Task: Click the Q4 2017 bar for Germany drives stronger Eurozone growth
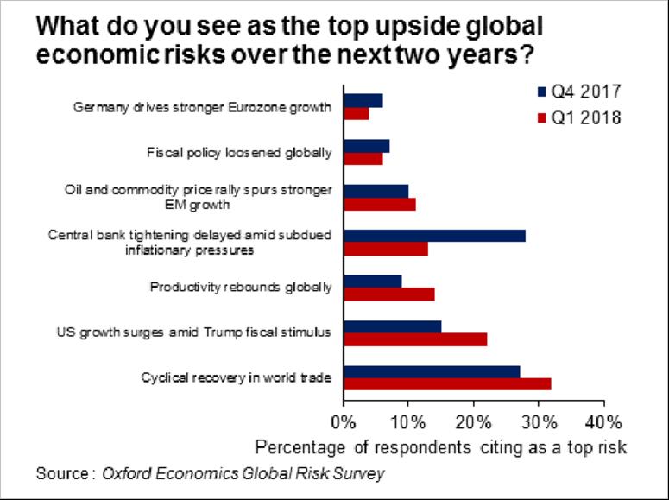coord(363,100)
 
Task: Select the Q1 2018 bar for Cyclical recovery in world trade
coord(447,384)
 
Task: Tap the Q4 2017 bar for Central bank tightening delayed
coord(434,236)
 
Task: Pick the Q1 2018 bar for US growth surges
coord(415,339)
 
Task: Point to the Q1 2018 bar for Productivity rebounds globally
coord(388,294)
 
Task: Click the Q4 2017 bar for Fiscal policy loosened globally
coord(366,145)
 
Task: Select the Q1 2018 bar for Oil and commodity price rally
coord(379,204)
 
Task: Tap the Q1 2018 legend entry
coord(578,118)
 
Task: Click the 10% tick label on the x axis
coord(408,422)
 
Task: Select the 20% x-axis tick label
coord(473,422)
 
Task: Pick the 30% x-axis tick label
coord(539,422)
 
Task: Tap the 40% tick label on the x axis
coord(603,422)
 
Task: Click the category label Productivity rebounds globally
coord(241,287)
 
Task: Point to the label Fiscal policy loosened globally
coord(239,153)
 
